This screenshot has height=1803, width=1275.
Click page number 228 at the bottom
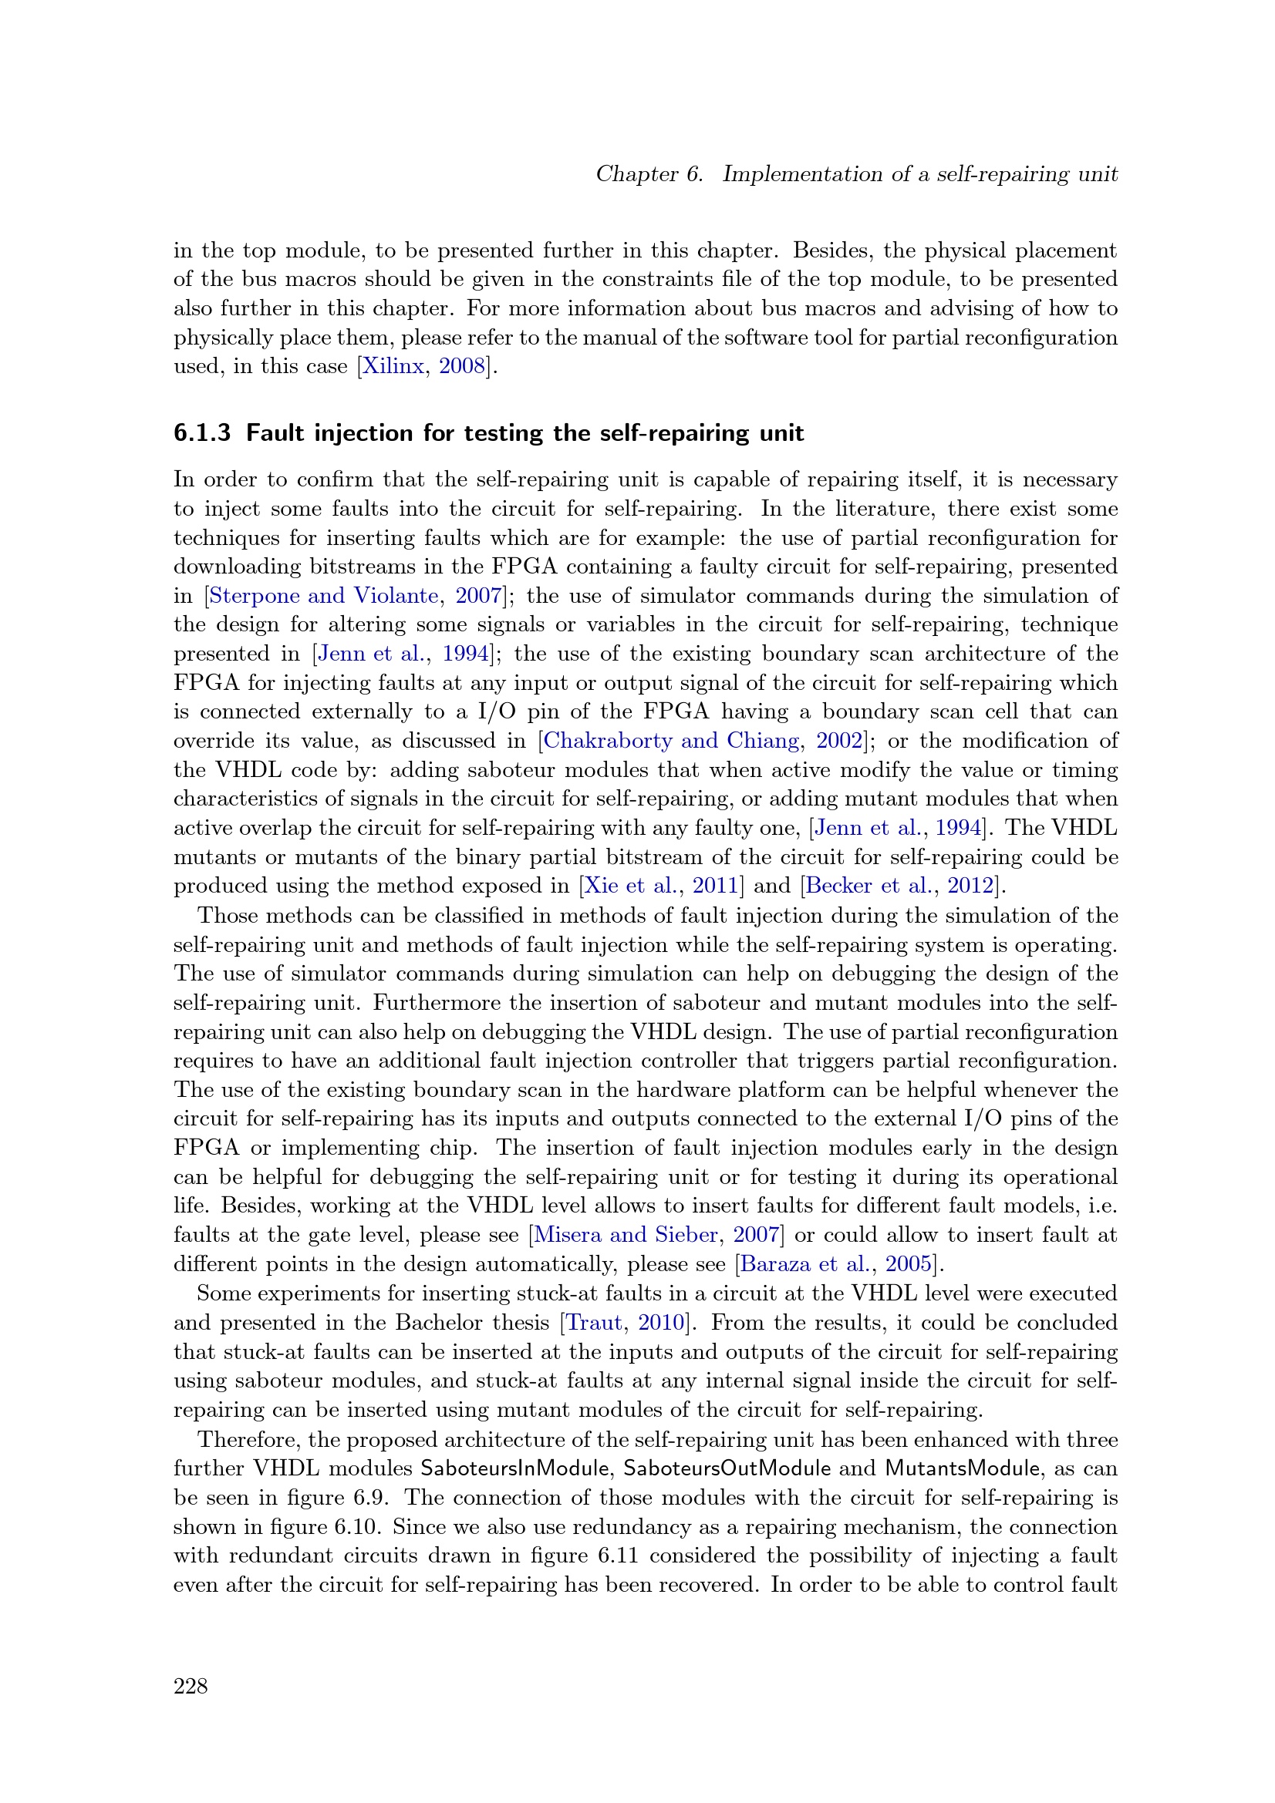(x=191, y=1686)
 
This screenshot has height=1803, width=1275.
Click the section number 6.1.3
(x=202, y=432)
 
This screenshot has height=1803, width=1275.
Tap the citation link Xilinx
(x=392, y=366)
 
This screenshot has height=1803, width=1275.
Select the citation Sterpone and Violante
(x=324, y=595)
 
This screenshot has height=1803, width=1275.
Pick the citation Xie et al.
(x=630, y=886)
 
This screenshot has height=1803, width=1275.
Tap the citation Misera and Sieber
(x=626, y=1235)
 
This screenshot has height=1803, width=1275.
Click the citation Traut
(x=594, y=1323)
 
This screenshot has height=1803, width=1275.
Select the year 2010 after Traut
(x=662, y=1323)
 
